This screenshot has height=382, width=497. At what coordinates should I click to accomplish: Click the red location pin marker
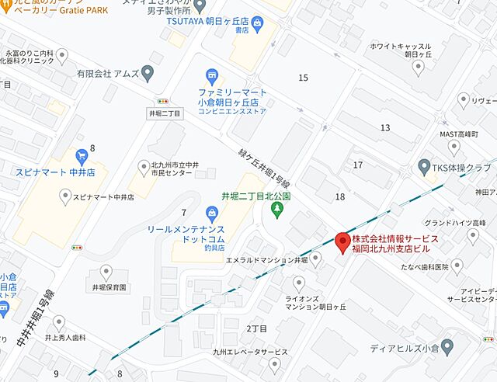click(341, 241)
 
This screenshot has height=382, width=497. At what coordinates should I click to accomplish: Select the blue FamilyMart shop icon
click(211, 76)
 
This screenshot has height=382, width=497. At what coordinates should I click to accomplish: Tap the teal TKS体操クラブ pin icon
click(424, 166)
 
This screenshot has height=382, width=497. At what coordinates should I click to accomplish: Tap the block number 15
click(303, 77)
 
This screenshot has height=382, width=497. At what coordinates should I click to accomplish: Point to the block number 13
click(385, 127)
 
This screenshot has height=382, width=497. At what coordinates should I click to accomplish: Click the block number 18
click(339, 197)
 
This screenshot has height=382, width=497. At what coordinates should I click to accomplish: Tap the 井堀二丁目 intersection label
click(164, 113)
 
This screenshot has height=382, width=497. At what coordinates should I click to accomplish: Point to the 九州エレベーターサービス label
click(239, 352)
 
